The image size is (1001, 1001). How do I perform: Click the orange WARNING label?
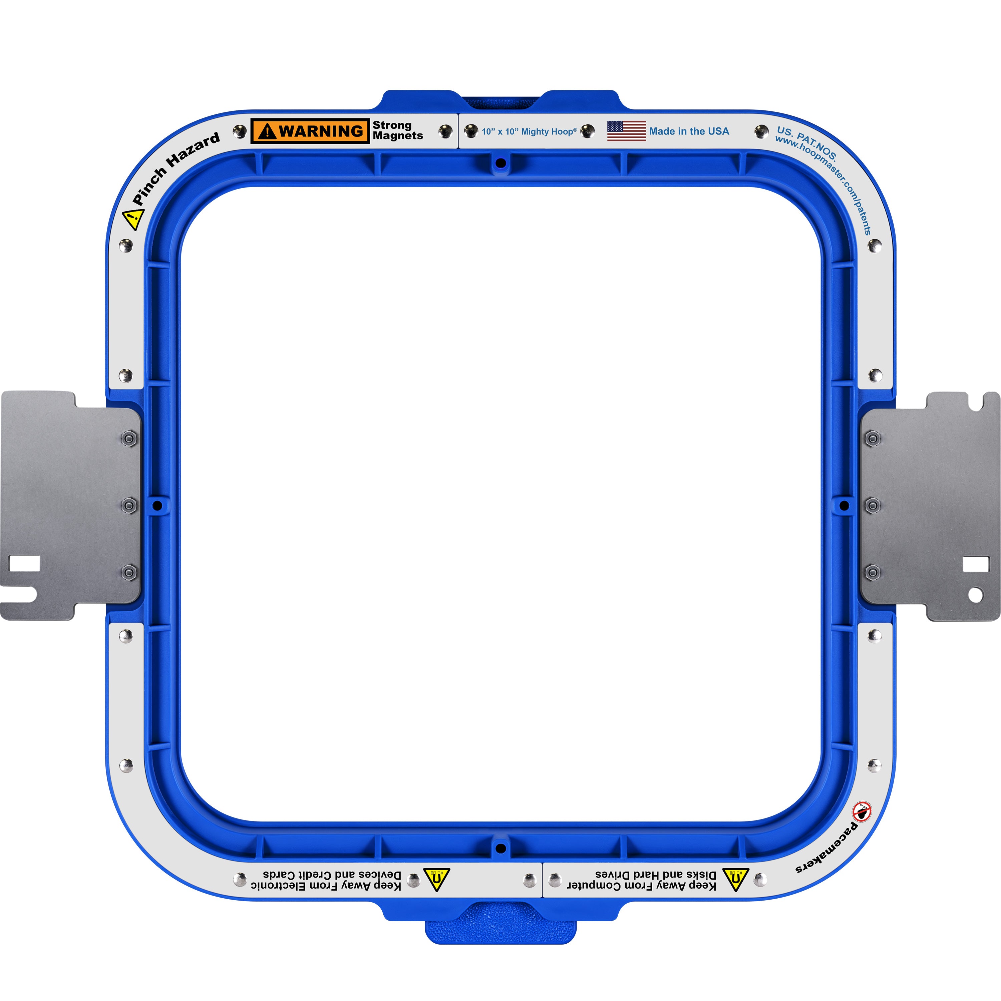[x=310, y=131]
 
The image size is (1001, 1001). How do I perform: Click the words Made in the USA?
[x=689, y=131]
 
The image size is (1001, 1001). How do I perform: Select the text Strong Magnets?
[x=397, y=130]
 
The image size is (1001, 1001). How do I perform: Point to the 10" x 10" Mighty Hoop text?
[x=529, y=131]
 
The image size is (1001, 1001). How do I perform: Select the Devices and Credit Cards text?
[x=332, y=874]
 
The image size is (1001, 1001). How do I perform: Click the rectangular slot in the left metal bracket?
[x=25, y=563]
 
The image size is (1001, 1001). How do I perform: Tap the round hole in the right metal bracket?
[x=976, y=595]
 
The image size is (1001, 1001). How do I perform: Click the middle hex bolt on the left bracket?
[x=129, y=505]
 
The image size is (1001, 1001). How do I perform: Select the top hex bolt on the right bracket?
[x=873, y=438]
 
